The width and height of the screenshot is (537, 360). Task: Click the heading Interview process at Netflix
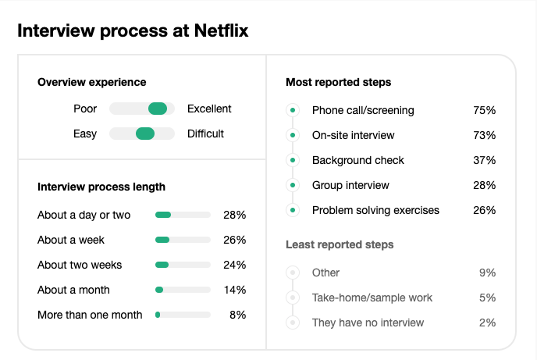tap(133, 31)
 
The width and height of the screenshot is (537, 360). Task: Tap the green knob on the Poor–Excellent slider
tap(158, 109)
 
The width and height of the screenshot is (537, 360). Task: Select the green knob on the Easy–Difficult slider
tap(145, 134)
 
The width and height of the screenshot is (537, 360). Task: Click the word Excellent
tap(209, 109)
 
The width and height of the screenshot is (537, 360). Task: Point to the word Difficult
tap(205, 134)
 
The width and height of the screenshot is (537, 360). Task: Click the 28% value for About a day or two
tap(235, 215)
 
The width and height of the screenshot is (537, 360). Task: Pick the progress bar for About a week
tap(183, 240)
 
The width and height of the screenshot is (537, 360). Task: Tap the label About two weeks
tap(80, 265)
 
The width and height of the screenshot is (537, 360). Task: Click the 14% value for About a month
tap(235, 290)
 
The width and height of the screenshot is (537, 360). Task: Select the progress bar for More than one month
tap(183, 315)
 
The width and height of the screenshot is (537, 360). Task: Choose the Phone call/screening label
tap(363, 110)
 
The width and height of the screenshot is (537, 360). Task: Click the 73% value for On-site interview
tap(484, 135)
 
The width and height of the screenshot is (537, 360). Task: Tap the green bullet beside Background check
tap(293, 160)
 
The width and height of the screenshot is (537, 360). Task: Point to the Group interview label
tap(350, 185)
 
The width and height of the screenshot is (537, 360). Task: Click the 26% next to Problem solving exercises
tap(484, 210)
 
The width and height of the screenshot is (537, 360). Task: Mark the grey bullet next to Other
tap(293, 273)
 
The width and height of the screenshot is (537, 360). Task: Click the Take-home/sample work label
tap(372, 298)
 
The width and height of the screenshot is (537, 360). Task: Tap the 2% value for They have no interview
tap(487, 323)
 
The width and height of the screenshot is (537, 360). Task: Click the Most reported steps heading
tap(338, 82)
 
